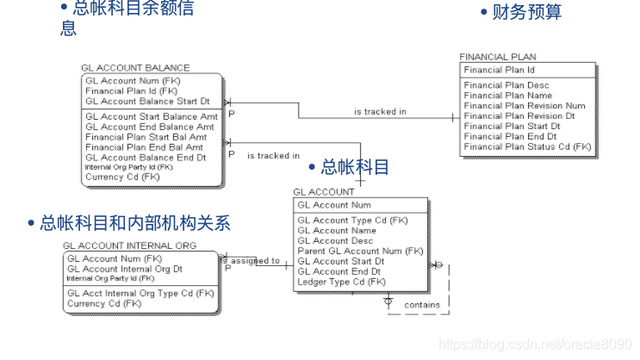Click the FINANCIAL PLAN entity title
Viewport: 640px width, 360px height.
(x=497, y=57)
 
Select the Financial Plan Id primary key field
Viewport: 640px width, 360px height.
(x=499, y=70)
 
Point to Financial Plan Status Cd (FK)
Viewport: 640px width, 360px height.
(x=527, y=146)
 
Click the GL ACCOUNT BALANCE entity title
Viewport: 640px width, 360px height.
(x=135, y=68)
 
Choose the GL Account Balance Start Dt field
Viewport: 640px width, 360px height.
(x=147, y=102)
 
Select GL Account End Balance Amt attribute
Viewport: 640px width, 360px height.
(x=150, y=127)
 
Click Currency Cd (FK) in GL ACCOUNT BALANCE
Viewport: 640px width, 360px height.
(x=122, y=177)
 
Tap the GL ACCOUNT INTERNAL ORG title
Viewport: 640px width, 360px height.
(x=129, y=245)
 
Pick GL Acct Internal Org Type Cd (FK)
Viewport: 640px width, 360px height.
(x=140, y=293)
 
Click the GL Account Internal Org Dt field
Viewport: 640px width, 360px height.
(x=125, y=269)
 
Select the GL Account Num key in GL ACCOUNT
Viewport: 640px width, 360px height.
(x=334, y=205)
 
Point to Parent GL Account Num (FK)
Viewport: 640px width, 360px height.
(x=360, y=251)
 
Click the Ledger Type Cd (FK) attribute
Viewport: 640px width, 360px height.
(x=342, y=282)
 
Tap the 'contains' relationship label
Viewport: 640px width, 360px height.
(x=422, y=305)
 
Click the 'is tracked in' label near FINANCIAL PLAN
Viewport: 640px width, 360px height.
(x=380, y=112)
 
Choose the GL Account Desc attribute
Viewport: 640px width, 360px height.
(x=337, y=240)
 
